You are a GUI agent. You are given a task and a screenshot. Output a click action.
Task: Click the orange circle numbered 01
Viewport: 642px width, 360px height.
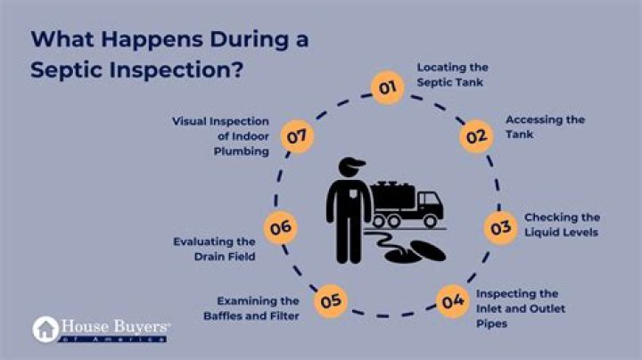click(385, 88)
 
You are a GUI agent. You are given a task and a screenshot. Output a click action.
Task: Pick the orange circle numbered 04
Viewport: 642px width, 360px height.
click(452, 300)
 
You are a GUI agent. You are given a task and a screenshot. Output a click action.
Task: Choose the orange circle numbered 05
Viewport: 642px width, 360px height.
click(332, 300)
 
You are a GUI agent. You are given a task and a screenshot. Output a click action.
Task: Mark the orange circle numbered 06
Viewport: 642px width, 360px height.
click(280, 228)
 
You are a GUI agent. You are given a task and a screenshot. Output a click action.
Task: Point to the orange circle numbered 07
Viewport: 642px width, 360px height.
click(297, 137)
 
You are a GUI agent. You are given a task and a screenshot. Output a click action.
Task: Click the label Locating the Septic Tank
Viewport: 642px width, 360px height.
click(453, 74)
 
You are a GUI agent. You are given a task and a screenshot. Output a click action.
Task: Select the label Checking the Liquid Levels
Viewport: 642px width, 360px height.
click(561, 225)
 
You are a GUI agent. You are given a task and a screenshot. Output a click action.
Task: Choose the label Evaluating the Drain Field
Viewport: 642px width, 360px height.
click(217, 249)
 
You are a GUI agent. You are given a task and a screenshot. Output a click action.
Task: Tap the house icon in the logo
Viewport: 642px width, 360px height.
click(45, 329)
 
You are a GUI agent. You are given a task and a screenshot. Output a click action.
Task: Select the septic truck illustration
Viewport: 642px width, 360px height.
click(405, 203)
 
